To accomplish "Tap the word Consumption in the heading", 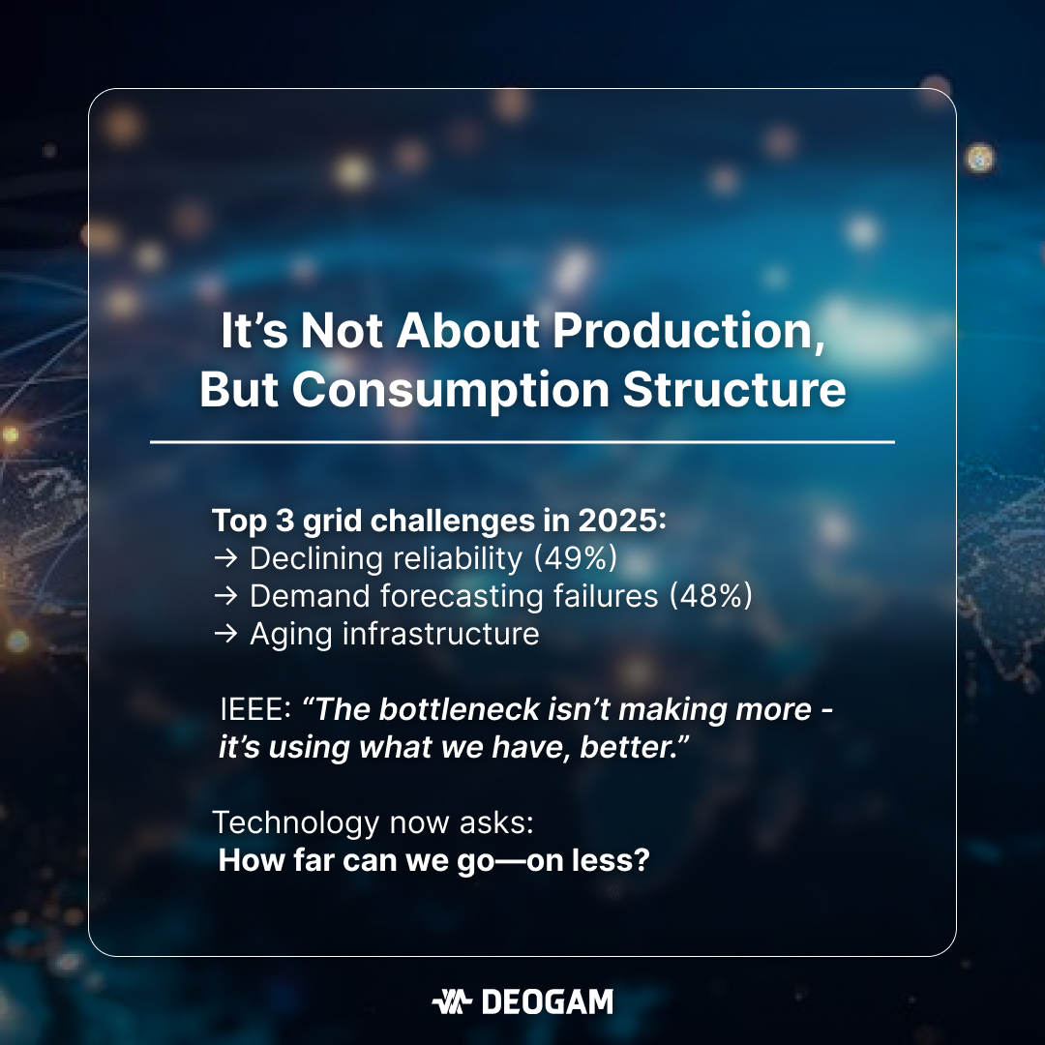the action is click(x=451, y=390).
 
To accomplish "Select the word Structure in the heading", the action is click(x=734, y=389).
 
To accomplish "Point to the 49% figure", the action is click(x=576, y=558).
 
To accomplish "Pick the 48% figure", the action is click(x=710, y=596).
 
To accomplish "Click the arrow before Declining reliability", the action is click(x=225, y=558).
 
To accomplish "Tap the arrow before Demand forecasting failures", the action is click(x=225, y=596).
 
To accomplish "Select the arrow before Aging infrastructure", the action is click(x=225, y=634).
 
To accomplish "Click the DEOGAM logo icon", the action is click(x=452, y=1001).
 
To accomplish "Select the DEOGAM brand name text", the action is click(x=547, y=1001).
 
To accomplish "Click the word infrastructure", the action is click(x=440, y=634).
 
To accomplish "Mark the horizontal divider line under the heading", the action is click(x=522, y=442).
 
